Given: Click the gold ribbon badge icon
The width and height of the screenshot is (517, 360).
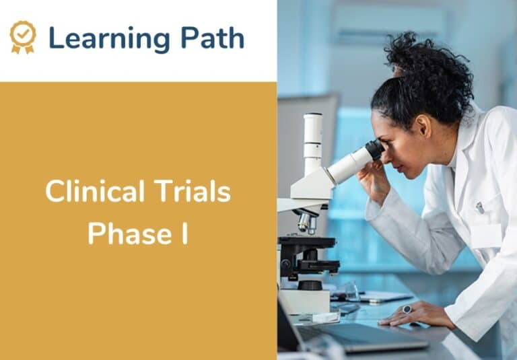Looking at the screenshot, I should (23, 37).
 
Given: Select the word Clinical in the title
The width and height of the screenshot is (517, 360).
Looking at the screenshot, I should (91, 193).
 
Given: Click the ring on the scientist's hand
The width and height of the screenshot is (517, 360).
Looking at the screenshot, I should (407, 309).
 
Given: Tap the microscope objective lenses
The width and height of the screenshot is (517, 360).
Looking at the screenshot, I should (306, 221).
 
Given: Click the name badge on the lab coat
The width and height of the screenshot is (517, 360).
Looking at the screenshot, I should (486, 236).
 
